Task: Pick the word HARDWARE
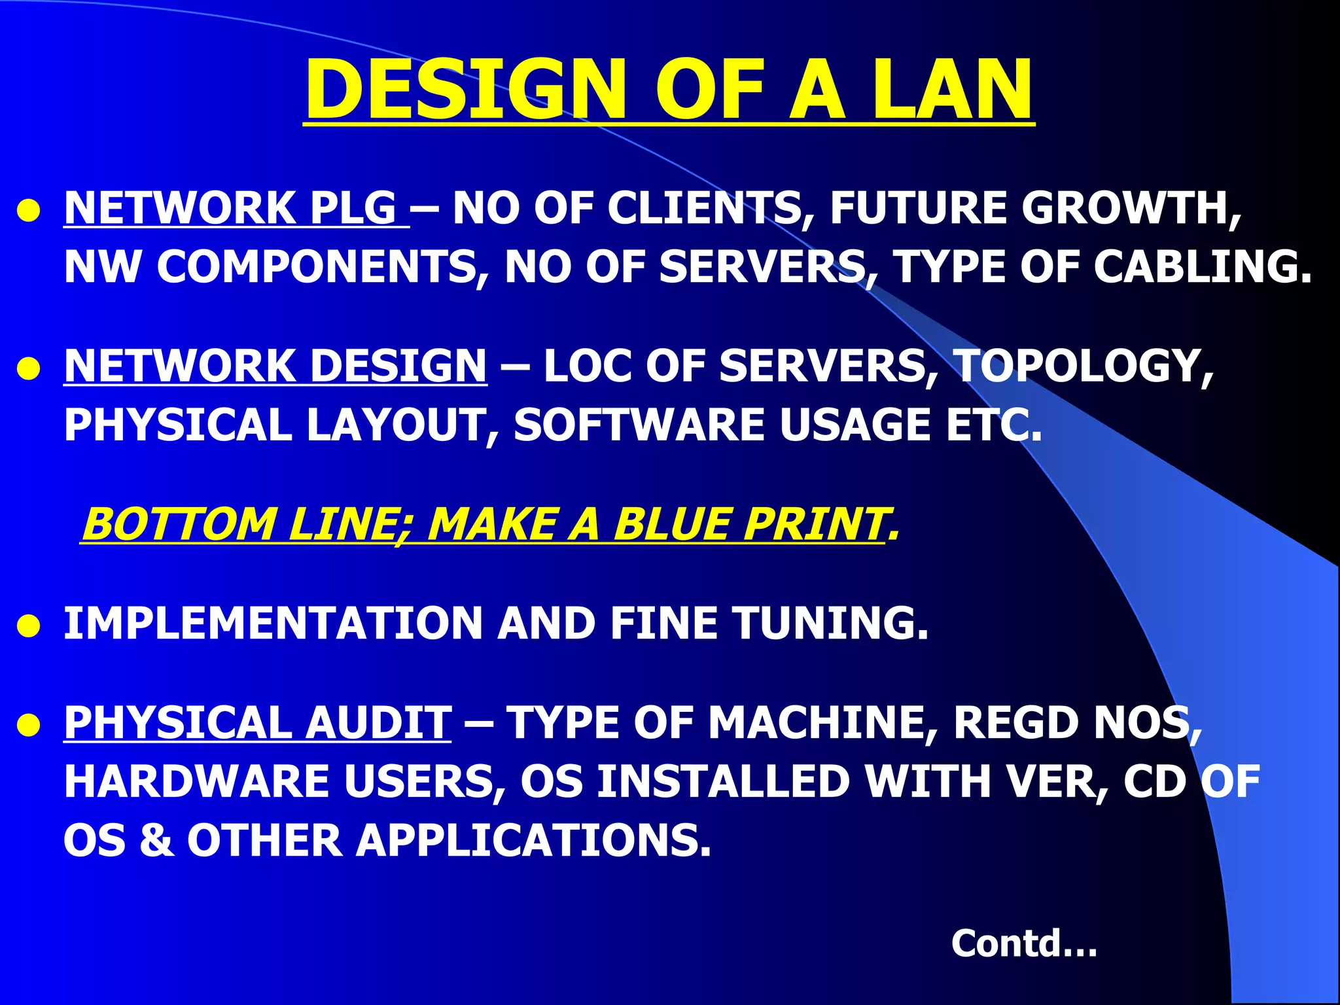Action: (196, 781)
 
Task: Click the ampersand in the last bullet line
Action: (157, 840)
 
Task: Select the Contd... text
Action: (1024, 943)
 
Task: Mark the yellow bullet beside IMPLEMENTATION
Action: (29, 626)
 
